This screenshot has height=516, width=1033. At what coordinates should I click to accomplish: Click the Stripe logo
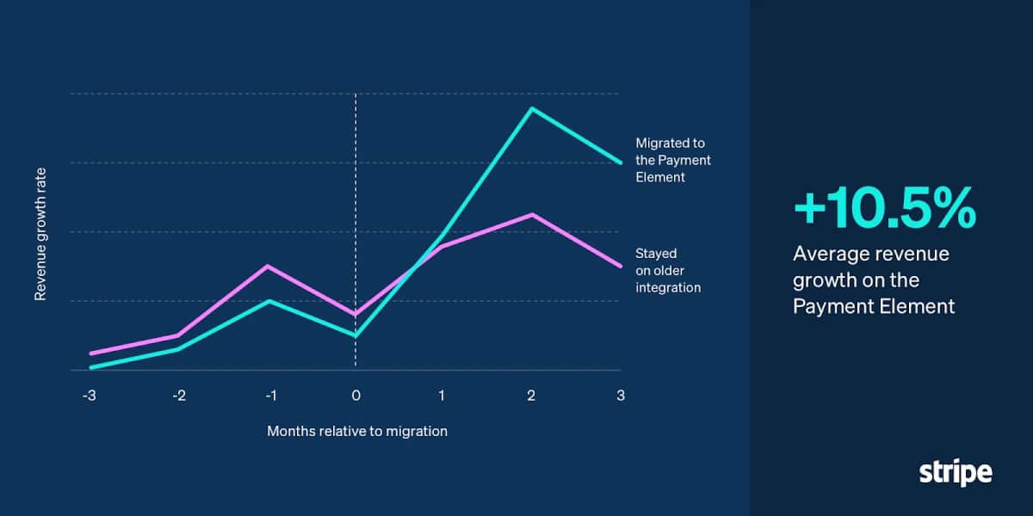pyautogui.click(x=956, y=472)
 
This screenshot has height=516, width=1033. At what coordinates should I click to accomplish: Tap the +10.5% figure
pyautogui.click(x=884, y=209)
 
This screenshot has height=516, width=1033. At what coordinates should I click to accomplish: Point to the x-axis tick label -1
pyautogui.click(x=269, y=396)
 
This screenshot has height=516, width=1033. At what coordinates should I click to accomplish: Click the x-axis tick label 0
pyautogui.click(x=356, y=396)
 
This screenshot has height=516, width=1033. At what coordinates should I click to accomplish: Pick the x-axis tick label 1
pyautogui.click(x=442, y=396)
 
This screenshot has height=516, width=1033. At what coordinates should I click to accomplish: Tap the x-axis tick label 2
pyautogui.click(x=531, y=396)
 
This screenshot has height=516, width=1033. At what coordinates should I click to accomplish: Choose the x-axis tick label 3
pyautogui.click(x=620, y=396)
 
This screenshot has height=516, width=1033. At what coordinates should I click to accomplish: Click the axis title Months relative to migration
pyautogui.click(x=357, y=431)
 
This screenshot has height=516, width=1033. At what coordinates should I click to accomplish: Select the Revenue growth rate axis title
pyautogui.click(x=40, y=232)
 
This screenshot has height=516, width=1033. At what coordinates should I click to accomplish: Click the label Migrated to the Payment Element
pyautogui.click(x=673, y=160)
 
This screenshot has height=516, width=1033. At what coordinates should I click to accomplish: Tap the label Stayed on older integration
pyautogui.click(x=668, y=270)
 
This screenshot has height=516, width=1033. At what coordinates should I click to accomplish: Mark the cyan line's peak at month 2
pyautogui.click(x=532, y=108)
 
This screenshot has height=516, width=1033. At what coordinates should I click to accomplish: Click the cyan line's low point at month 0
pyautogui.click(x=356, y=335)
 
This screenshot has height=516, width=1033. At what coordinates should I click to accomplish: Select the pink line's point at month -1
pyautogui.click(x=269, y=267)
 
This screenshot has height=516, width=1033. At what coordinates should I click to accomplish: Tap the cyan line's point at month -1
pyautogui.click(x=269, y=301)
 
